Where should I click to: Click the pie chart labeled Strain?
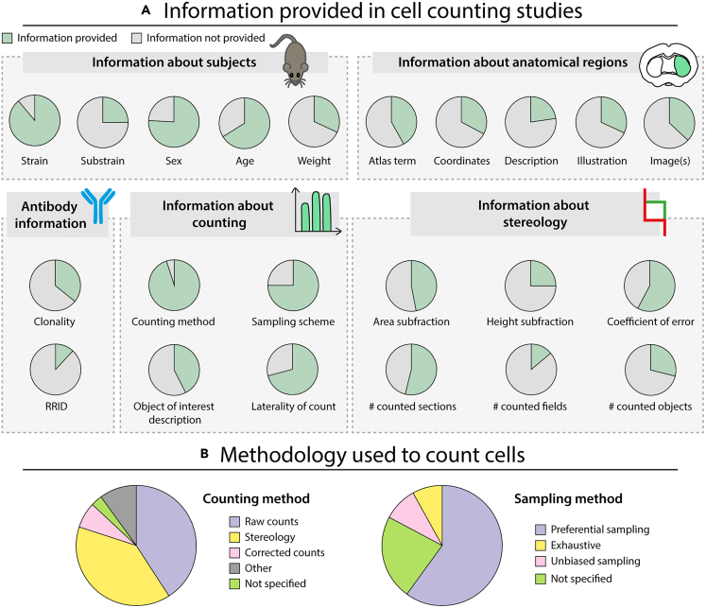[x=35, y=120]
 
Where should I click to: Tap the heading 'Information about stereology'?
[x=535, y=214]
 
